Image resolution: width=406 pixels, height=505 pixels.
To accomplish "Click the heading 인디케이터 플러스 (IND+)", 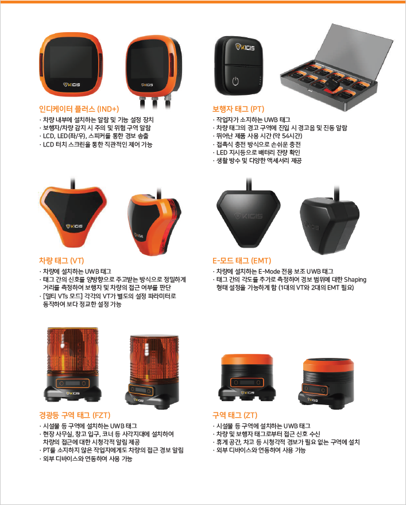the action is [79, 109].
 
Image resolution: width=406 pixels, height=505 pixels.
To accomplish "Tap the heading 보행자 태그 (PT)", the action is [238, 109].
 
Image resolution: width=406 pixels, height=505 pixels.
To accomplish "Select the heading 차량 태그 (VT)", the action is [61, 261].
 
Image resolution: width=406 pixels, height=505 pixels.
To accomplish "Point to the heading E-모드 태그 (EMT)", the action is [241, 261].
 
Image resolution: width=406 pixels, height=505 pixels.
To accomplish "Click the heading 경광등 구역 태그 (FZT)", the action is [75, 415].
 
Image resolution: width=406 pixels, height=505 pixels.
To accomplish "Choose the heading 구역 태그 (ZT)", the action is [235, 415].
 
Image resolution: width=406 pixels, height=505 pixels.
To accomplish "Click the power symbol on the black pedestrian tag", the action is [235, 81].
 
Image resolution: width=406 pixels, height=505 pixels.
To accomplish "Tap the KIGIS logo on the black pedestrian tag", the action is [245, 47].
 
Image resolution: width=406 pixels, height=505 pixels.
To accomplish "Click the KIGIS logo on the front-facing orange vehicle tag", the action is [75, 226].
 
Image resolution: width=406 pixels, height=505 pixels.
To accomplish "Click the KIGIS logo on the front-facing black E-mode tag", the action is [248, 216].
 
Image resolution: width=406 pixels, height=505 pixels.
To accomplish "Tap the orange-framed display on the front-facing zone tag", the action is [247, 383].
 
